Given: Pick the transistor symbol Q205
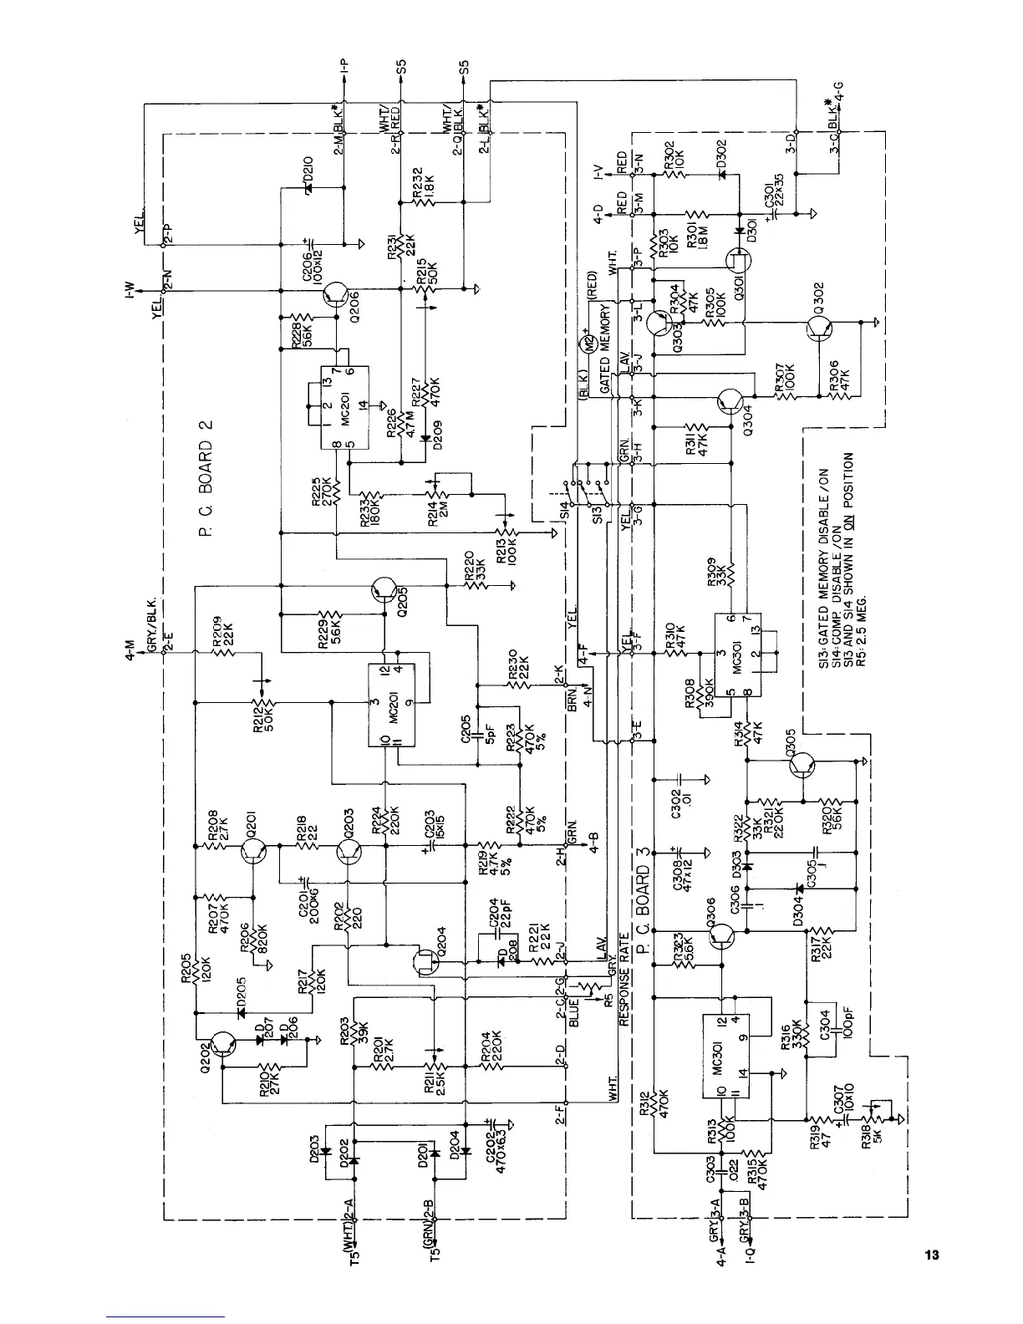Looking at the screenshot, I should tap(384, 589).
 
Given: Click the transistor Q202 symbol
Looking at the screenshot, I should tap(223, 1044).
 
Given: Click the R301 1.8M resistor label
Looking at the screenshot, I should tap(693, 237).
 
